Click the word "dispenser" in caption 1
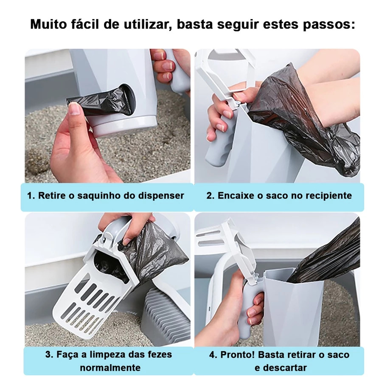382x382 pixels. coord(161,196)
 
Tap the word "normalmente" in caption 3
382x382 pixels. coord(110,368)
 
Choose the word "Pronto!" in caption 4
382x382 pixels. coord(237,355)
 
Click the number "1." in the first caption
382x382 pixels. coord(31,196)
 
